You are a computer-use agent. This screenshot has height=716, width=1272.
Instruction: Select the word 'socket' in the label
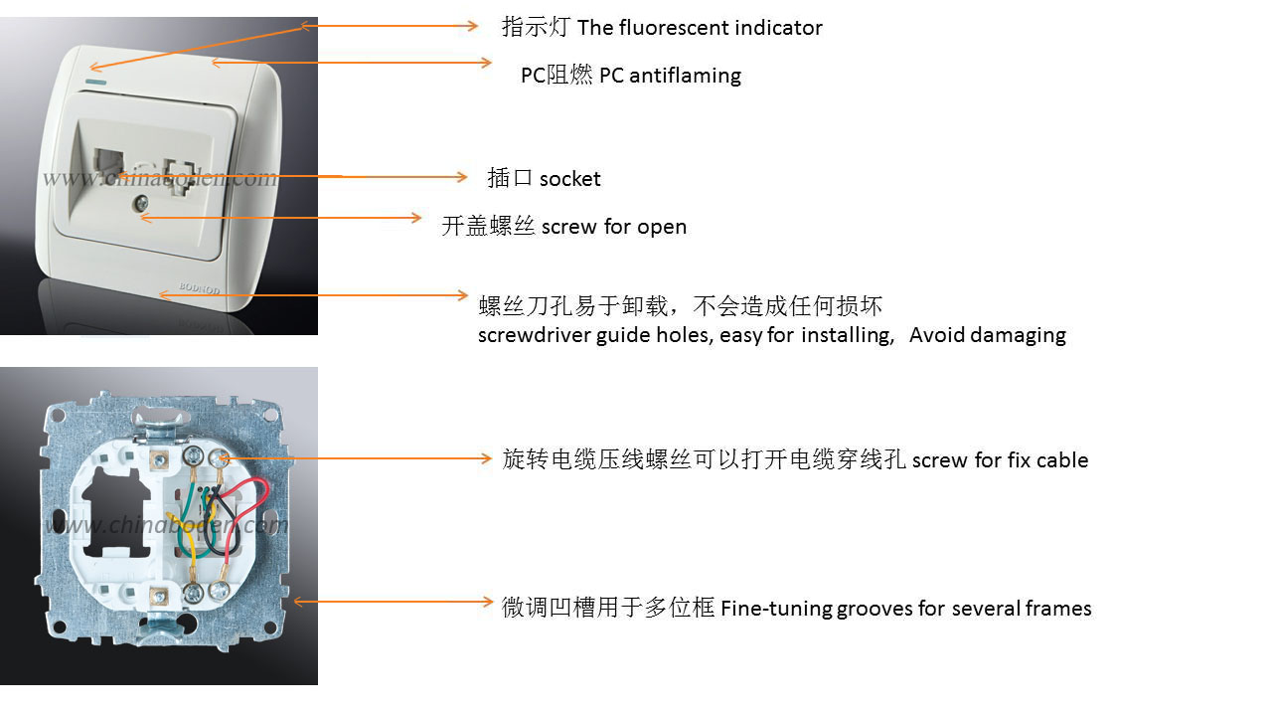tap(569, 179)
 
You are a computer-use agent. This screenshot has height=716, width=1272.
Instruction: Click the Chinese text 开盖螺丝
tap(488, 226)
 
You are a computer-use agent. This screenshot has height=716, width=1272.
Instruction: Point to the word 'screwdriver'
tap(535, 335)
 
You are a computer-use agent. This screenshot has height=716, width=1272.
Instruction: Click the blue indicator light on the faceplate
tap(96, 83)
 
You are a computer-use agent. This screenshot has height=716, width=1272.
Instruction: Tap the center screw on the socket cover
tap(140, 203)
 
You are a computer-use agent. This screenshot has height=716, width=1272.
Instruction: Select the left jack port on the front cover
tap(109, 164)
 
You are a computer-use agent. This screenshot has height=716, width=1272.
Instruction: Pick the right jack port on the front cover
tap(180, 176)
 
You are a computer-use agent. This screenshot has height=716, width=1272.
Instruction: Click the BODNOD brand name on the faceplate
tap(200, 288)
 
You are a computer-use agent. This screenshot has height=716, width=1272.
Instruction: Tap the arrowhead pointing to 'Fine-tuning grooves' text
tap(487, 602)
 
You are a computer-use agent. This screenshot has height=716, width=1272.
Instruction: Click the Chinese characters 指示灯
tap(536, 27)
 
